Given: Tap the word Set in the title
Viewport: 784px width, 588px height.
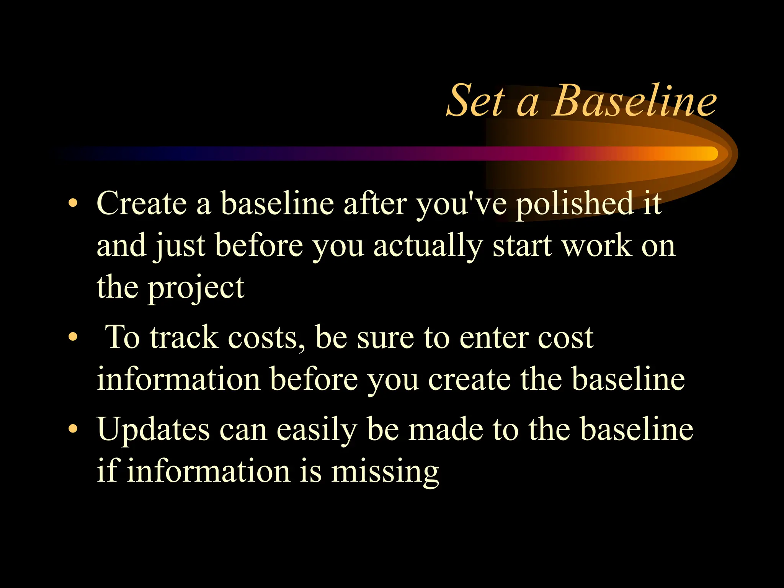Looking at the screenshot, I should click(x=476, y=101).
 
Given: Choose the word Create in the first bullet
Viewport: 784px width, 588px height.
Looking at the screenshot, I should click(x=142, y=204).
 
